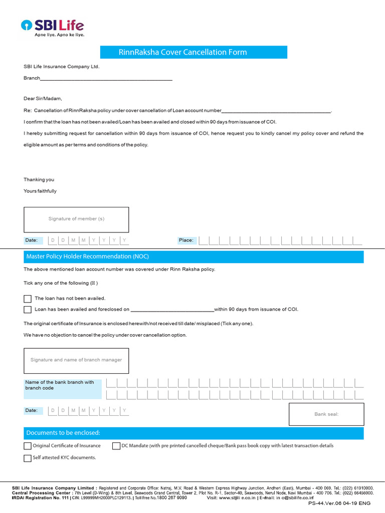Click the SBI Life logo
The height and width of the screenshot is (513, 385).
(52, 28)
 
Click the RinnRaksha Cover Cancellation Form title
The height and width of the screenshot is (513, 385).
(194, 52)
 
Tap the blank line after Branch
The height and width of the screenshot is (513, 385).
(106, 79)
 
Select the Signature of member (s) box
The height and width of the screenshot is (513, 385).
(76, 219)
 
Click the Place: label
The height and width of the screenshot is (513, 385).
(186, 240)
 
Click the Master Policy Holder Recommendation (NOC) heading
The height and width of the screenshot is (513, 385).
(88, 256)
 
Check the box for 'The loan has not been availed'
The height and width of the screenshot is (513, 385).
(28, 299)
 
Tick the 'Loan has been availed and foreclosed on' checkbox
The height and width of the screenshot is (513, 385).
(28, 310)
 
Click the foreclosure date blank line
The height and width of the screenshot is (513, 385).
(172, 310)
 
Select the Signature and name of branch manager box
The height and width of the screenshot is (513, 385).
(76, 360)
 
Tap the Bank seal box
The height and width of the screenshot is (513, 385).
(326, 414)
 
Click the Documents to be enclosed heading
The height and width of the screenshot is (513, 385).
(63, 433)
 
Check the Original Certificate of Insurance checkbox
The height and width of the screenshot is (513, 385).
(28, 446)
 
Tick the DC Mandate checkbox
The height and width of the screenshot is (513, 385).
(116, 446)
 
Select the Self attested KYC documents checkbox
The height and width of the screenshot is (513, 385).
(28, 458)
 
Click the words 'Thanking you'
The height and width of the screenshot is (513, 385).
(39, 180)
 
